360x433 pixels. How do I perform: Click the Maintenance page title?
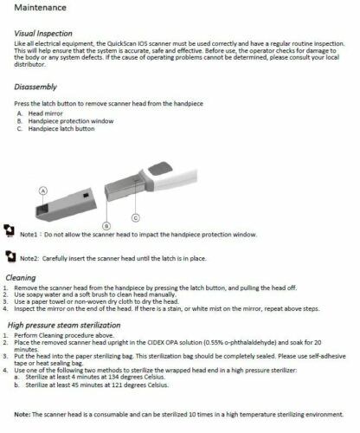(41, 8)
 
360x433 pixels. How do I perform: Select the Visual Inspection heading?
(43, 34)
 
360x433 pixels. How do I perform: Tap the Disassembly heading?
(35, 87)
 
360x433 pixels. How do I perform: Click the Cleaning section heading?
(21, 278)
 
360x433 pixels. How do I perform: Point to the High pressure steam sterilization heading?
(64, 326)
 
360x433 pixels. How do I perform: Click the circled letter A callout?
(43, 191)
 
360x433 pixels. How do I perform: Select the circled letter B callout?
(106, 226)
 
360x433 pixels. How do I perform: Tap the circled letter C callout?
(136, 218)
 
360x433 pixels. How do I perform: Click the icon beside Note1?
(9, 230)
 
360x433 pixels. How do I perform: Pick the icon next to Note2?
(10, 256)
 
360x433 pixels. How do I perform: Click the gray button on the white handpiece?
(160, 169)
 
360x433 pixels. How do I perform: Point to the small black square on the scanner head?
(86, 196)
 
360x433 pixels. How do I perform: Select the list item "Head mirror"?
(45, 113)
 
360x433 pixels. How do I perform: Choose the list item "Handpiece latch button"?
(61, 129)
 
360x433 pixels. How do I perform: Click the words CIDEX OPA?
(163, 343)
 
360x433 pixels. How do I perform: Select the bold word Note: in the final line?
(22, 415)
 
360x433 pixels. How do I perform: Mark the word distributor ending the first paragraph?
(29, 64)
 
